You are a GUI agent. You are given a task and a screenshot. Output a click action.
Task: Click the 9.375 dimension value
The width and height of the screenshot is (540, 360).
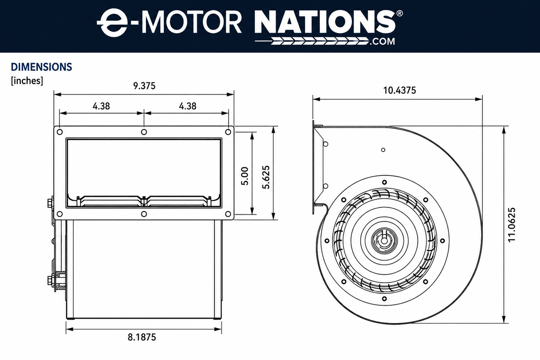[x=144, y=86]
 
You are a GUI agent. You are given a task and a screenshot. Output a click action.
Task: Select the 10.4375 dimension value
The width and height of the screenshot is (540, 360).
[x=400, y=90]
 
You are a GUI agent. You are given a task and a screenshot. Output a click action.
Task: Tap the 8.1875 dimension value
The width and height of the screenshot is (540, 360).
[x=142, y=337]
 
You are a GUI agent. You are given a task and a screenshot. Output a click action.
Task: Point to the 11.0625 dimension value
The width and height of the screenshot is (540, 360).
[x=512, y=224]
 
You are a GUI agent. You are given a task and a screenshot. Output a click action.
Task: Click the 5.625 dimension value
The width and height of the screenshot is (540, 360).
[x=266, y=177]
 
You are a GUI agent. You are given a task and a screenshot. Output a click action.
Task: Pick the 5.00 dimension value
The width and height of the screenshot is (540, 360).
[x=245, y=176]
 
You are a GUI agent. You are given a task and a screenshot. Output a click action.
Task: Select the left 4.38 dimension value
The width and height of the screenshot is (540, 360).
[x=101, y=106]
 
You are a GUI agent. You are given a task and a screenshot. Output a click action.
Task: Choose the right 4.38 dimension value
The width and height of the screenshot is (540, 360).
[x=188, y=106]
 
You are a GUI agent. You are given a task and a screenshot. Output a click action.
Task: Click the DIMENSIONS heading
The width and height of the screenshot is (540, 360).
[x=41, y=67]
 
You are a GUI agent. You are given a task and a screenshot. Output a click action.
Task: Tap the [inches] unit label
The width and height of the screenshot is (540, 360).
[x=27, y=81]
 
